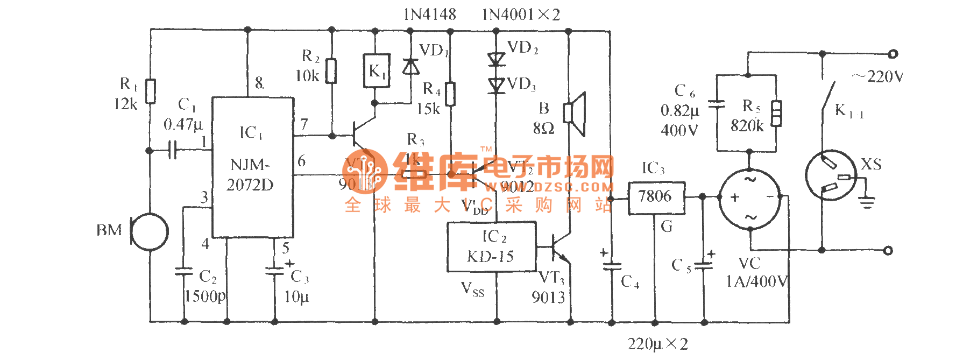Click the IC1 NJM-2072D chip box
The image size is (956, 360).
coord(252,167)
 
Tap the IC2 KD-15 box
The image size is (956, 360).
coord(491,247)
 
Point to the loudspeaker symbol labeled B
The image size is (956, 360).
coord(575,114)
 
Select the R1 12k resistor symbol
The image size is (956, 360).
coord(151,91)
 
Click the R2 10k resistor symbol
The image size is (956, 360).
coord(331,70)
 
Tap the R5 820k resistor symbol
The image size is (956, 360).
coord(776,113)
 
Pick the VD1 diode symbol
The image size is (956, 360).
coord(411,66)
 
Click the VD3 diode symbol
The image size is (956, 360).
coord(496,85)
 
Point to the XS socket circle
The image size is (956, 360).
coord(831,175)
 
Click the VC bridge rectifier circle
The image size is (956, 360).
coord(750,198)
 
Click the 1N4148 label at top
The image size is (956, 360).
coord(429,15)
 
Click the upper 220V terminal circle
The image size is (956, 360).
coord(893,54)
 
